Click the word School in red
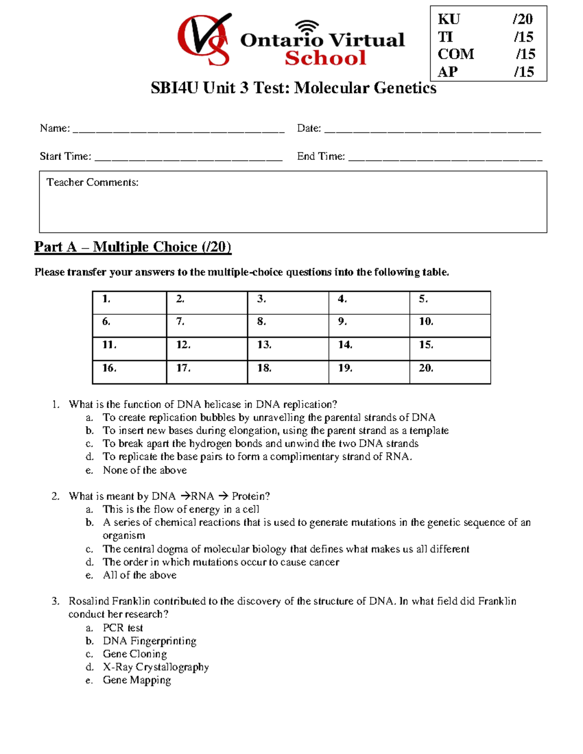pos(325,58)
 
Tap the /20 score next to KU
pos(523,19)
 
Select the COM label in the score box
pos(456,54)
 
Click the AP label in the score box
pos(447,72)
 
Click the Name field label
pos(54,128)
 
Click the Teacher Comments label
pos(92,183)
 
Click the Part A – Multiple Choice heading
pos(133,247)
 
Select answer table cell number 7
pos(207,325)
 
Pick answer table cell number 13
pos(288,349)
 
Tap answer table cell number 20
pos(450,372)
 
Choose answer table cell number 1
pos(129,302)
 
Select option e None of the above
pos(144,470)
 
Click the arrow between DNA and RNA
pos(185,496)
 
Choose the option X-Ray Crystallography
pos(155,667)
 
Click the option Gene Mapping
pos(137,680)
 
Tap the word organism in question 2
pos(123,536)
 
